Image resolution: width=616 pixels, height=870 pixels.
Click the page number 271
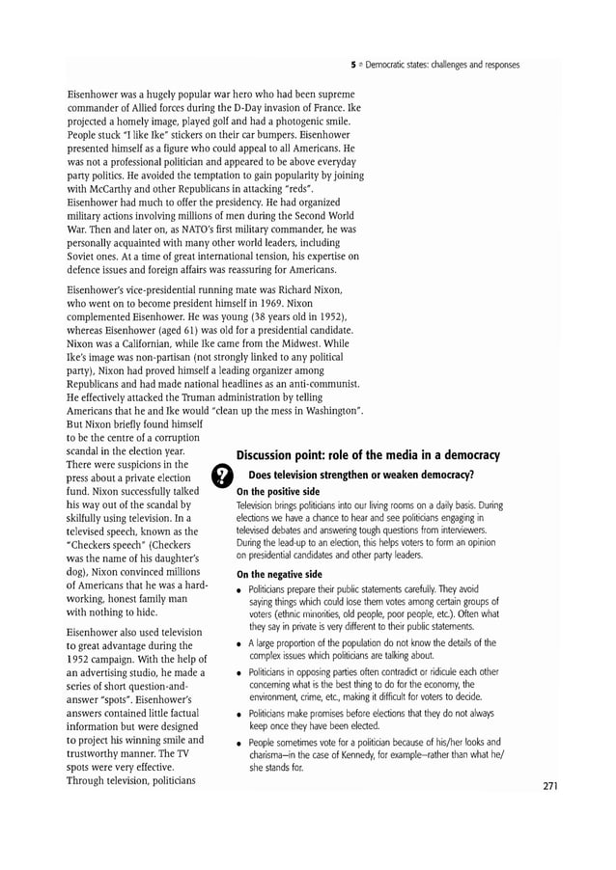pos(550,785)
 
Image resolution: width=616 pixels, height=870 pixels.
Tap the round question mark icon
pos(221,476)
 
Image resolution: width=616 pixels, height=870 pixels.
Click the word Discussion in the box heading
pos(274,454)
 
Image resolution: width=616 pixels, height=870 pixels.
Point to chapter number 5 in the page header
pos(353,65)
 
